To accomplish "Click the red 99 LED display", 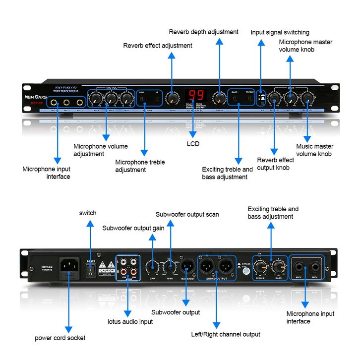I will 197,96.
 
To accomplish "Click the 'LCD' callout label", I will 193,144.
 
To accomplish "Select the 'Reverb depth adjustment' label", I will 203,32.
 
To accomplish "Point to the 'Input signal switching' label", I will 280,33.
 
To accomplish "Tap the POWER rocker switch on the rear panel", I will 90,269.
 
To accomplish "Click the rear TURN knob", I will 171,268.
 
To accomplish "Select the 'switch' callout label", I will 88,213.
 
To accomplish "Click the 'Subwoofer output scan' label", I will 187,215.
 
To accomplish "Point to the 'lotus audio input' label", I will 130,322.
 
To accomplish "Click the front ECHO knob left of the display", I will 172,97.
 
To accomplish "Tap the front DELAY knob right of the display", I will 219,98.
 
